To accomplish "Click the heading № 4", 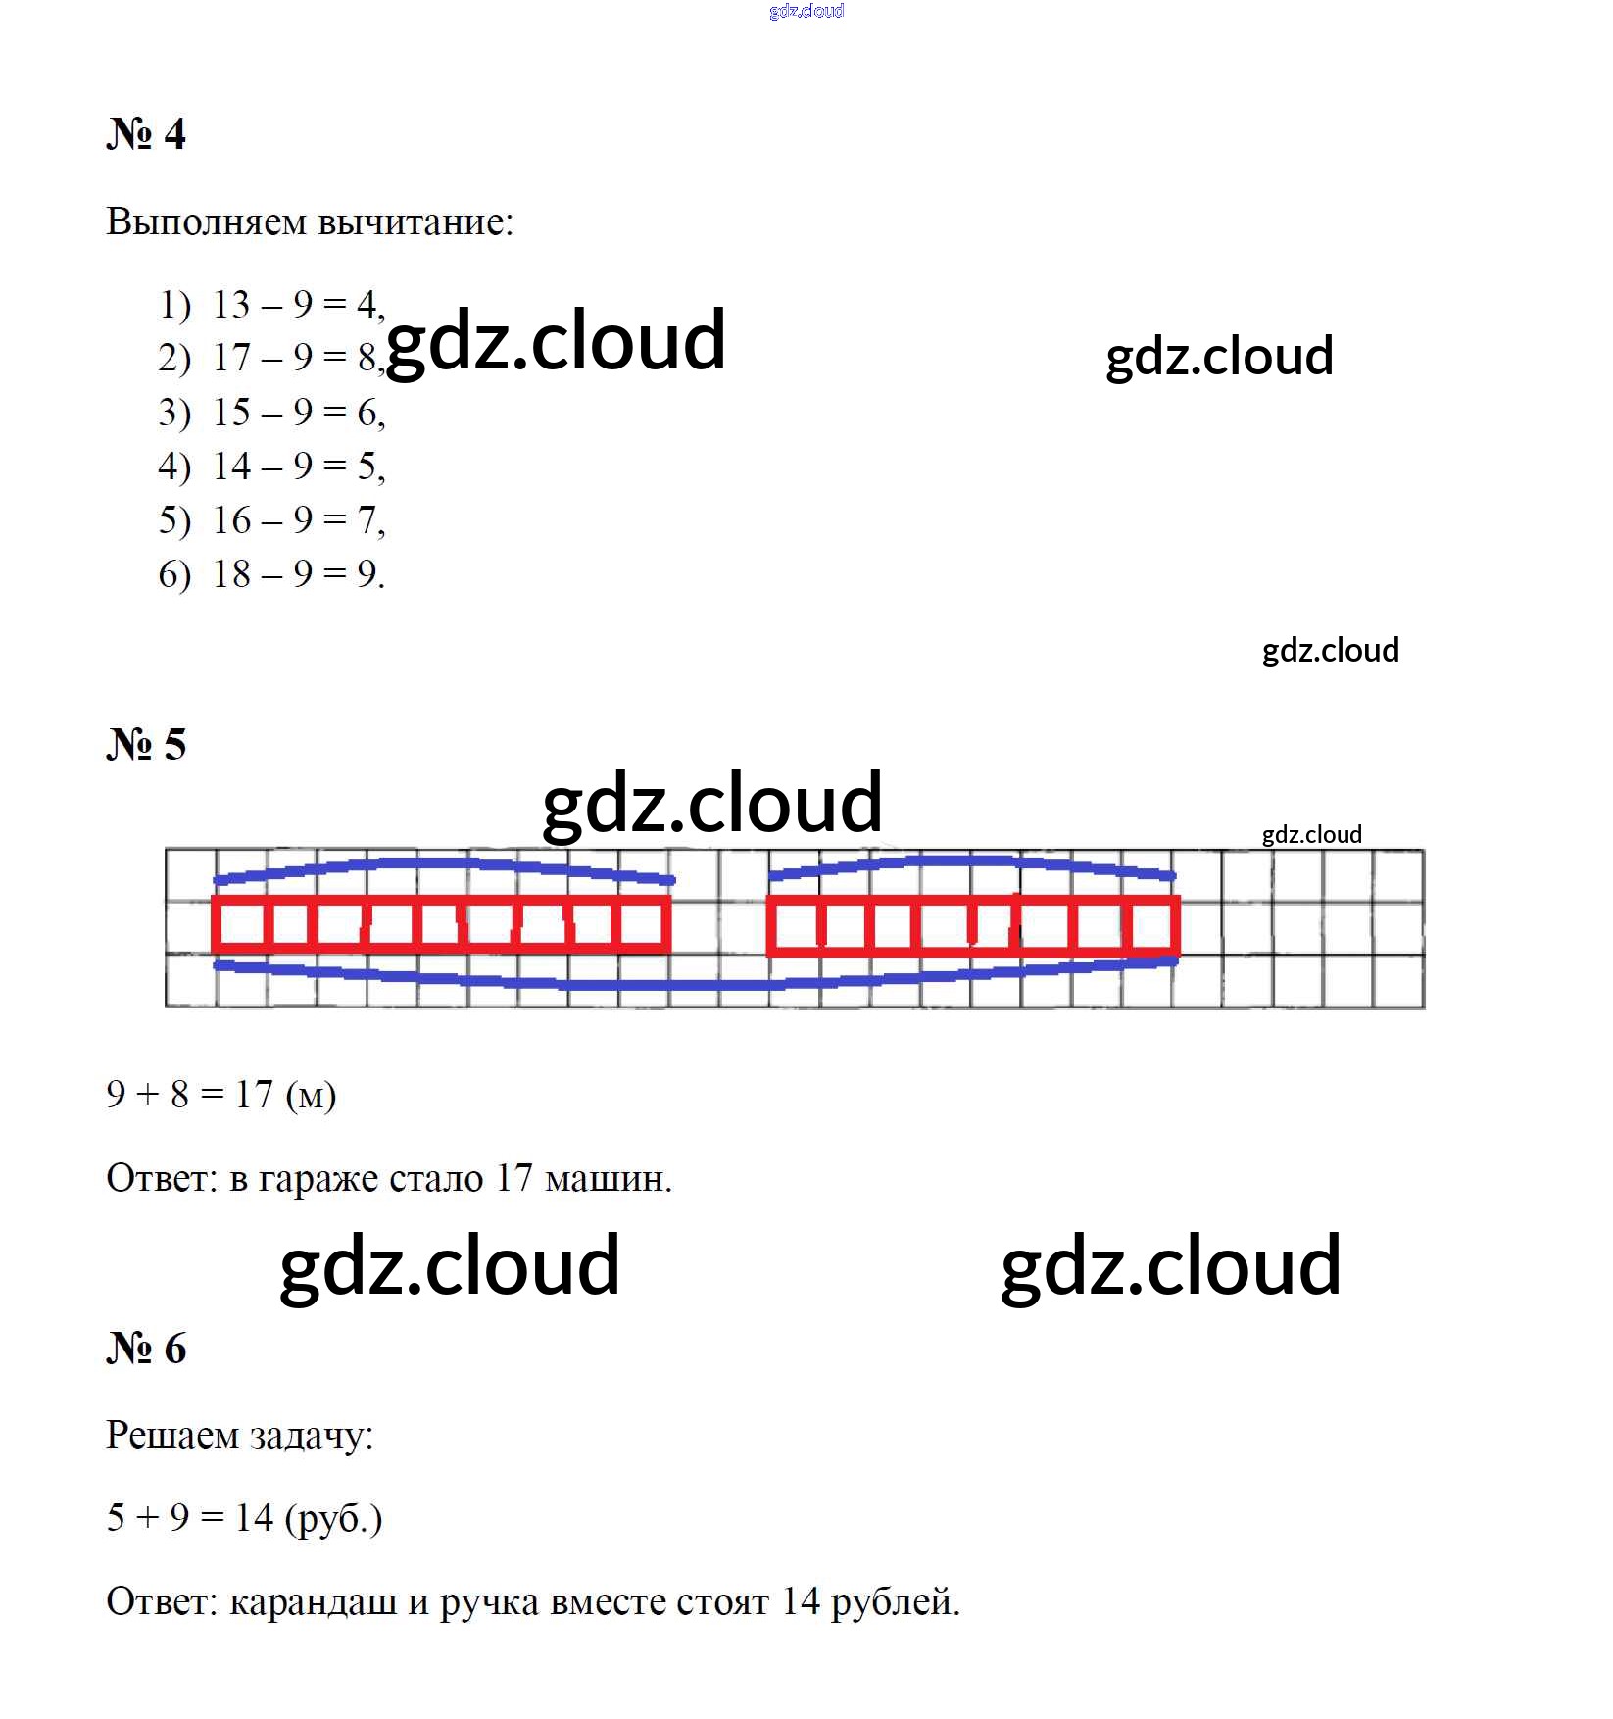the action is (146, 133).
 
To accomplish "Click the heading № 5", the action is (146, 744).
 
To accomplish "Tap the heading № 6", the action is (146, 1349).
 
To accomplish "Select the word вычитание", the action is (415, 221).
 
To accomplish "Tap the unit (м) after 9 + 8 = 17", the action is (311, 1095).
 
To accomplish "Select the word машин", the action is (608, 1178).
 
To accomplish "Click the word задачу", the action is (312, 1436).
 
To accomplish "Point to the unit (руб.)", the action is (333, 1518).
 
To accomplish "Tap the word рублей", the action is (896, 1602).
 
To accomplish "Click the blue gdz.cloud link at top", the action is (806, 11).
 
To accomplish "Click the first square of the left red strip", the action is (240, 924).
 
